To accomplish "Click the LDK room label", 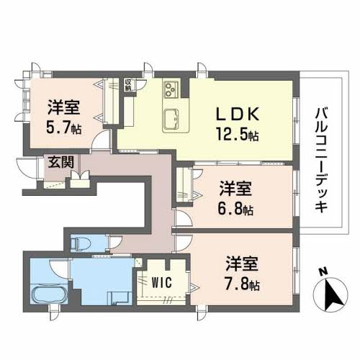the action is [238, 114].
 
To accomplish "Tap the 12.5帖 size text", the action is [238, 134].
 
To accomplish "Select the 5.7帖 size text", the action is [64, 127].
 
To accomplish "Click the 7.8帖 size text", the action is [242, 284].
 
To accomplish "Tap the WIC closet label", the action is [162, 282].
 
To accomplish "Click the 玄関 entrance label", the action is [61, 162].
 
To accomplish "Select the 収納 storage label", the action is [128, 85].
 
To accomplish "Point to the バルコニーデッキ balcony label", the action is [321, 161].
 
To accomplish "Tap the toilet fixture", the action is [81, 243].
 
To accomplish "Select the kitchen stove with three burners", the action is [171, 89].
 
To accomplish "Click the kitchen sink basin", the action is [171, 118].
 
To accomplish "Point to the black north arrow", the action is [333, 294].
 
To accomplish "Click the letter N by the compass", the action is [323, 272].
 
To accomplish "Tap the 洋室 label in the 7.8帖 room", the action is [242, 264].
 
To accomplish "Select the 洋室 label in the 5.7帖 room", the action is [64, 107].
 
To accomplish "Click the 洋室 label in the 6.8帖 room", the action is [235, 188].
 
